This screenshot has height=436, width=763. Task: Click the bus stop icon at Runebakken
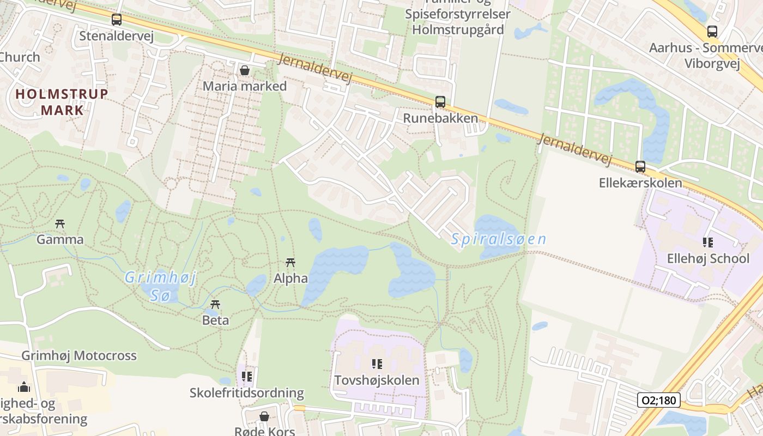(x=440, y=102)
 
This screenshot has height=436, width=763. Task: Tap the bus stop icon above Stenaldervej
(x=116, y=20)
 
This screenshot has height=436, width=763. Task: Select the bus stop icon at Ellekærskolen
(x=640, y=167)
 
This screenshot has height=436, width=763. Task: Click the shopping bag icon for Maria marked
(x=245, y=70)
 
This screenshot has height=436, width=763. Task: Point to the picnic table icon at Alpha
(x=290, y=263)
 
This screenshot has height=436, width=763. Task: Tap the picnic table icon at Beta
(x=215, y=304)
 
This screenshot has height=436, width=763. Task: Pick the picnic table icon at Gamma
(x=60, y=223)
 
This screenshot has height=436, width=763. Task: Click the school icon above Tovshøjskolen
(x=377, y=364)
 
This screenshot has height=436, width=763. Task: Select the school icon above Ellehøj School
(x=707, y=242)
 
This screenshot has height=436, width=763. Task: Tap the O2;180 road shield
(x=658, y=401)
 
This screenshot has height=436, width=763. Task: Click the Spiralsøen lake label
(x=498, y=239)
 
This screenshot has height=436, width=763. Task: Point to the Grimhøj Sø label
(x=160, y=287)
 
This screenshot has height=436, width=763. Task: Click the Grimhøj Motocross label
(x=79, y=356)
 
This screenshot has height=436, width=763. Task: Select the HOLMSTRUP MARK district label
(x=62, y=102)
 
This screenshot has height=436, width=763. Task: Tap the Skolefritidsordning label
(x=246, y=392)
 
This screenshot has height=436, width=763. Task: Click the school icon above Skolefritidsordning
(x=247, y=376)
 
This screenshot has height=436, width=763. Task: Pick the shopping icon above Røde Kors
(x=264, y=417)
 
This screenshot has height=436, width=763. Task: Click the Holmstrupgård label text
(x=458, y=29)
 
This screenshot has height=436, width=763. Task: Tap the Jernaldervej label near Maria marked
(x=314, y=68)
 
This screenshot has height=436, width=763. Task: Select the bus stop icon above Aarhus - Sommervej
(x=712, y=31)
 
